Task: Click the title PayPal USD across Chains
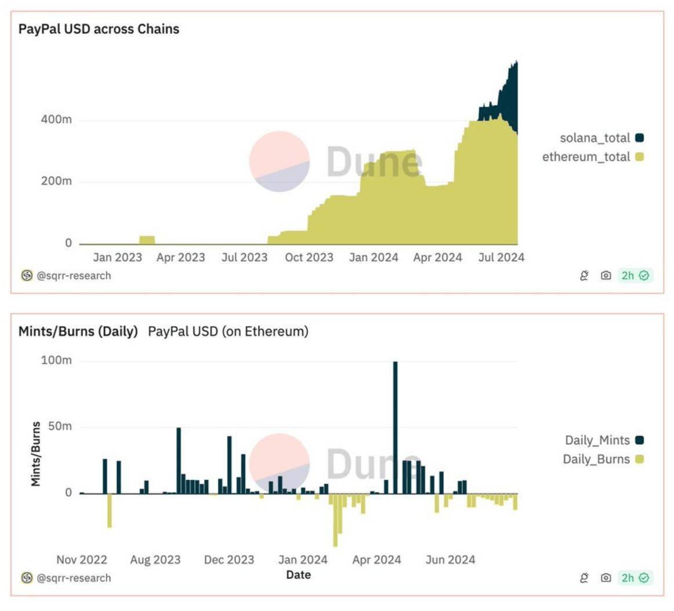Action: coord(99,29)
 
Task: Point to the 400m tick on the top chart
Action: coord(56,120)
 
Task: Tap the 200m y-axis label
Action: coord(56,181)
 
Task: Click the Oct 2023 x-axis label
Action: coord(309,258)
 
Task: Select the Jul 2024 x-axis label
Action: coord(501,258)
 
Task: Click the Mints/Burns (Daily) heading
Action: coord(78,331)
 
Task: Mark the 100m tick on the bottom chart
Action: coord(56,360)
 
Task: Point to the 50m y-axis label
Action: coord(59,427)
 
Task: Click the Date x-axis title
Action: coord(298,575)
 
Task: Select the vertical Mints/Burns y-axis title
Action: coord(36,453)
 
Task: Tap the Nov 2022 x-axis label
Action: coord(82,560)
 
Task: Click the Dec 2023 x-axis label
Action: coord(229,560)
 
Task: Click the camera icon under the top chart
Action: coord(606,276)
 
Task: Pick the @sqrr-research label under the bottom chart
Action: coord(73,578)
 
